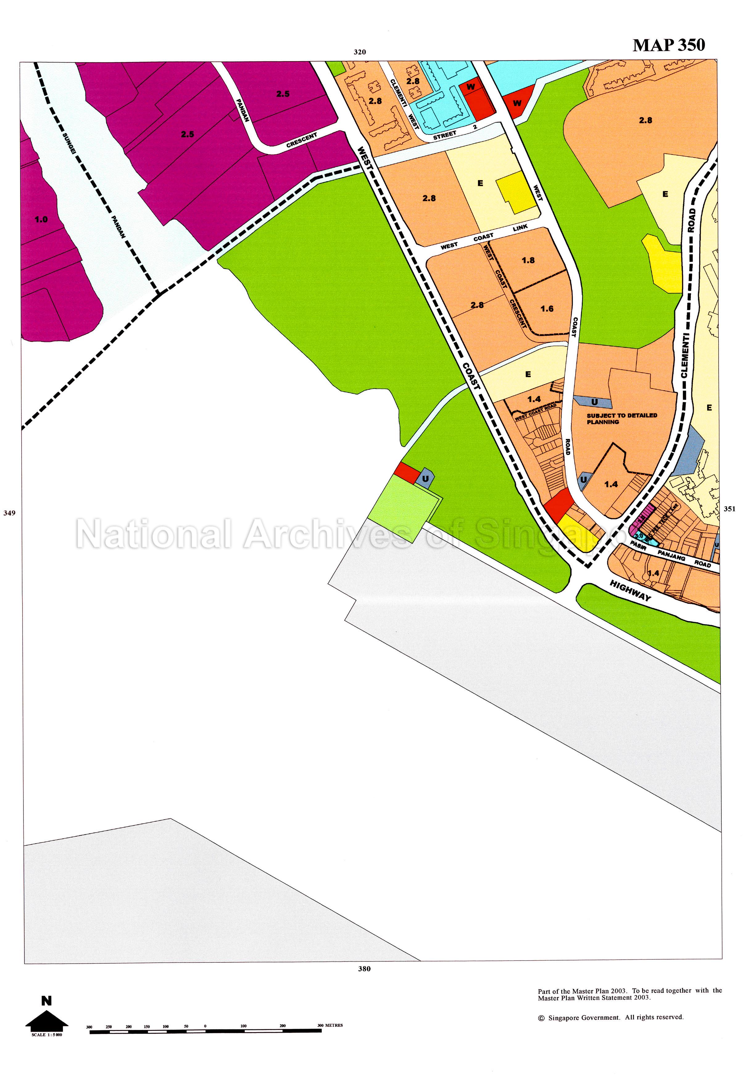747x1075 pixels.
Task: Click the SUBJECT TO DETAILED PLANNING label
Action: (621, 418)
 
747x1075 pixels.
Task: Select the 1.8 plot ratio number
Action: (528, 260)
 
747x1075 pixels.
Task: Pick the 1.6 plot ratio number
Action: (547, 309)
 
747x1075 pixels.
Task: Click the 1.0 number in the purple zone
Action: (41, 219)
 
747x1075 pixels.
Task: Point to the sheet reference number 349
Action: (9, 513)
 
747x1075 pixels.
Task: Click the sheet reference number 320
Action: (359, 52)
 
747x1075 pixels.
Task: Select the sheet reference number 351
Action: (729, 509)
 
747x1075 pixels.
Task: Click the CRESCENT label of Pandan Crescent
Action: (301, 140)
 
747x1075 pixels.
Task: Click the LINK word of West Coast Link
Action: (520, 228)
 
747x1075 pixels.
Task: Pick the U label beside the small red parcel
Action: (425, 479)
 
